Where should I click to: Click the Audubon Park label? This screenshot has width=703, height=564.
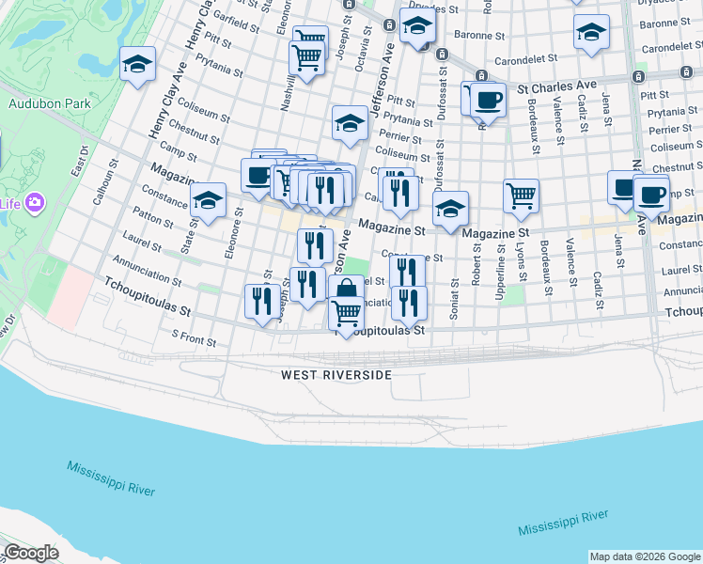pos(35,105)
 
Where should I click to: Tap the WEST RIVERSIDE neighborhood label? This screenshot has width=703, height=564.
pos(336,375)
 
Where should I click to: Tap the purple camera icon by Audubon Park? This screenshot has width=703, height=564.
pos(36,202)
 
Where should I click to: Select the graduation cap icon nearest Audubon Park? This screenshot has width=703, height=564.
pos(137,65)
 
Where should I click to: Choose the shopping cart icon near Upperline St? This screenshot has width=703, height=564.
pos(521,196)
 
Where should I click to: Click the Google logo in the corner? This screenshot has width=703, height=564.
pos(31,553)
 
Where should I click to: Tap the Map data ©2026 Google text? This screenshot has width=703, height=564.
pos(644,556)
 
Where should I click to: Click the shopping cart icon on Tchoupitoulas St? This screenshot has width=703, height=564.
pos(347,313)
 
